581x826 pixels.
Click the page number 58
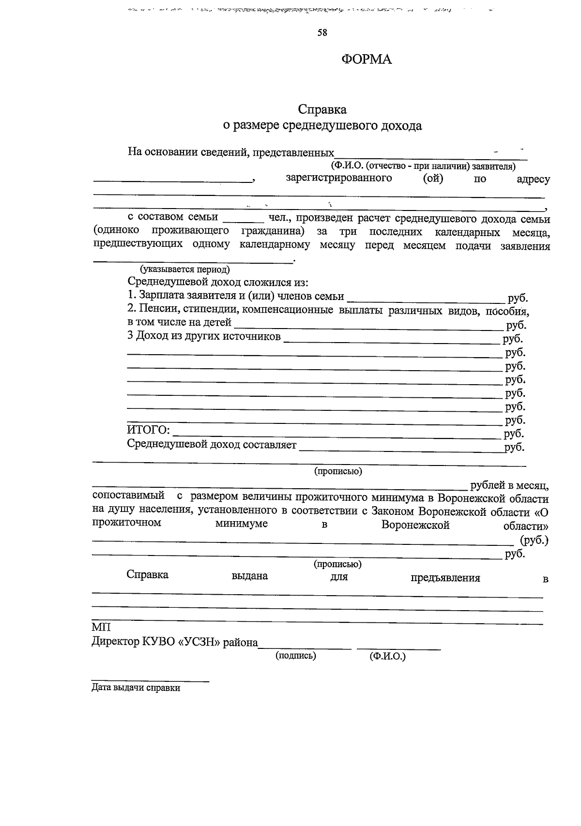tap(322, 33)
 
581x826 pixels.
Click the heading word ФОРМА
tap(367, 60)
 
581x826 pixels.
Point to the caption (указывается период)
tap(184, 270)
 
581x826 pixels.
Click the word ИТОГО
tap(148, 430)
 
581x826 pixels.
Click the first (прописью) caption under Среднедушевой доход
tap(338, 471)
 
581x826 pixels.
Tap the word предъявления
tap(445, 578)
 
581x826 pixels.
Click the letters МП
tap(101, 628)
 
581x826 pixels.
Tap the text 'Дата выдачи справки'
tap(136, 688)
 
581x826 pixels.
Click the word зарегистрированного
tap(338, 178)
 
